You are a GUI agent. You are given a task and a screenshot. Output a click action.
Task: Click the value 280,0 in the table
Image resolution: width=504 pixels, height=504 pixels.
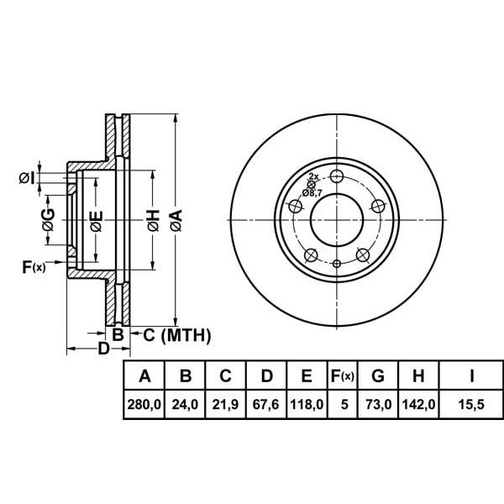[x=144, y=404]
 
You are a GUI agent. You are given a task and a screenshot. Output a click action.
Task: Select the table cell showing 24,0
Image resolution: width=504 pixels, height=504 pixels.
[x=185, y=404]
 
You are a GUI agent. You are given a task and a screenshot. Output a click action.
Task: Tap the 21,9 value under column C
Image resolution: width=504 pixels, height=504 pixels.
[x=225, y=404]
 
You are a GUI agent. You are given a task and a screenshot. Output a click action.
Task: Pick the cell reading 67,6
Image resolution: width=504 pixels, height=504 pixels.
[x=265, y=404]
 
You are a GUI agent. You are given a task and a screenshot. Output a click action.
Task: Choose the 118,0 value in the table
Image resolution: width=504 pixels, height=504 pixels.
[x=307, y=404]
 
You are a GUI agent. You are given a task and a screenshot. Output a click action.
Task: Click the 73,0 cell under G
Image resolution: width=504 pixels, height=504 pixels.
[x=378, y=404]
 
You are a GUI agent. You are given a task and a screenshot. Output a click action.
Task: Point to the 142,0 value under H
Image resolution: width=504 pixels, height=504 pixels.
[x=418, y=404]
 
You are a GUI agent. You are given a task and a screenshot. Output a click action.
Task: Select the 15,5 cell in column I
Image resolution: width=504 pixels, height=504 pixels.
[x=471, y=404]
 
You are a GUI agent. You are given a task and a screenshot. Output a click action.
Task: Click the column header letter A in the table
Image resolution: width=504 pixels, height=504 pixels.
[x=144, y=375]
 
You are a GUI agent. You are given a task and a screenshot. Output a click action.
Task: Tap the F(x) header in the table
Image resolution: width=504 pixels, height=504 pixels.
[x=343, y=375]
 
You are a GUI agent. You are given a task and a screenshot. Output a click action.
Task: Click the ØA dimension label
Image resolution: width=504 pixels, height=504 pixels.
[x=176, y=220]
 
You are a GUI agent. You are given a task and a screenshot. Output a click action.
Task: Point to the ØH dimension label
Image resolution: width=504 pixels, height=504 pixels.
[x=154, y=220]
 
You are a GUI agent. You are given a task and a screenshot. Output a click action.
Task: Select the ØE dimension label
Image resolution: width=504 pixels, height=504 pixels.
[x=96, y=221]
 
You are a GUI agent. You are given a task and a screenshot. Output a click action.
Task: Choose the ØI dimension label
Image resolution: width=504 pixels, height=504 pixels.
[x=27, y=178]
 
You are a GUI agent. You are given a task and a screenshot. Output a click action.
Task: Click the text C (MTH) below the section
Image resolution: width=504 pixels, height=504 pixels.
[x=176, y=335]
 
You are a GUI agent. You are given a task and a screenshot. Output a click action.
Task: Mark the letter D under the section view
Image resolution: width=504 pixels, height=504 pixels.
[x=103, y=348]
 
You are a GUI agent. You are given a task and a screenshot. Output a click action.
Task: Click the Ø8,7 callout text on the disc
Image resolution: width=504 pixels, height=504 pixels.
[x=312, y=193]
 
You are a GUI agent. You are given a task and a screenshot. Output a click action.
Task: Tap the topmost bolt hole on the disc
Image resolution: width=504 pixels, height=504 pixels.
[x=337, y=176]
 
